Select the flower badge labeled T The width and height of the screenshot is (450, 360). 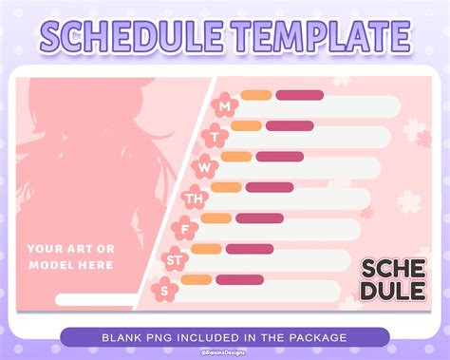click(215, 136)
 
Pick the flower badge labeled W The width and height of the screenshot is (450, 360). click(204, 167)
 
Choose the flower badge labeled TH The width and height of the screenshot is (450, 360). click(194, 199)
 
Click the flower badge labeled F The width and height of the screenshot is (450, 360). click(184, 229)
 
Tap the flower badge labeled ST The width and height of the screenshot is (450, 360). click(175, 259)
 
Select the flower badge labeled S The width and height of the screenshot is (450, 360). click(164, 290)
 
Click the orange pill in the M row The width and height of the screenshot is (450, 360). click(255, 95)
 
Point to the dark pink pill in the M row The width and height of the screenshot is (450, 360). click(299, 95)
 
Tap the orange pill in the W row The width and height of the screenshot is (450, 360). click(235, 157)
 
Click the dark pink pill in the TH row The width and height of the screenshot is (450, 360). click(269, 187)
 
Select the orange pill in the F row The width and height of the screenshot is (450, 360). click(216, 218)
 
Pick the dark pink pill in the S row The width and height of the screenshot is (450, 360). click(239, 279)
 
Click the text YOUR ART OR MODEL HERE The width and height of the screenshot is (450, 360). click(70, 256)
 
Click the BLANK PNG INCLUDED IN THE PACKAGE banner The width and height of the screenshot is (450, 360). click(225, 336)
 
